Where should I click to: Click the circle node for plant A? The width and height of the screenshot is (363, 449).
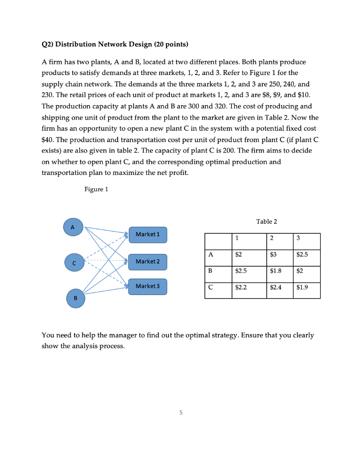point(73,227)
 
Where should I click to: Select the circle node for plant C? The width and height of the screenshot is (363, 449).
point(74,263)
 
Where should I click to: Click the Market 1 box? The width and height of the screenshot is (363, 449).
point(148,234)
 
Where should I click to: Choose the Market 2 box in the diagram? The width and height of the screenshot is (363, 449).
point(148,262)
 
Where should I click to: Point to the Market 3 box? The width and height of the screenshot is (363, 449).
point(148,286)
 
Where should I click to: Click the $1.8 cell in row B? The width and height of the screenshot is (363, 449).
point(275,271)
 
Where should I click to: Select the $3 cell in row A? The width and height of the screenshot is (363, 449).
point(273,254)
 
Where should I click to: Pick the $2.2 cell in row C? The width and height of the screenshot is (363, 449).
point(241,288)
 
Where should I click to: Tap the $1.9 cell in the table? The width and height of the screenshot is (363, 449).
point(302,288)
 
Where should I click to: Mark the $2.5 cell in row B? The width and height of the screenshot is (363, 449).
point(241,271)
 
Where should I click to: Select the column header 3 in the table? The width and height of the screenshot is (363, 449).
point(298,238)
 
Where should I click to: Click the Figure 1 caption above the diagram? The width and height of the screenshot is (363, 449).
point(95,189)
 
